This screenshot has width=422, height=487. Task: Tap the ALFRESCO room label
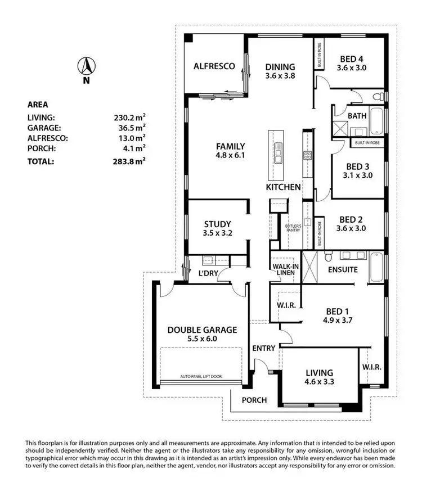point(214,66)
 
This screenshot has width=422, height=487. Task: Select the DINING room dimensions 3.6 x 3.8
point(280,75)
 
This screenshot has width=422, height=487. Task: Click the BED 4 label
point(351,58)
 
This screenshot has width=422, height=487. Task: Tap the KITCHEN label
point(283,187)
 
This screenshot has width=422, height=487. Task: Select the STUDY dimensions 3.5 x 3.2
point(217,233)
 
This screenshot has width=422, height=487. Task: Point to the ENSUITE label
point(343,269)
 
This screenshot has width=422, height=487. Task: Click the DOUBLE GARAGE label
point(202,330)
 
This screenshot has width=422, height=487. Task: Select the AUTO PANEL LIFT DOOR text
point(204,376)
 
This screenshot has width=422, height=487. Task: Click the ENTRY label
point(263,348)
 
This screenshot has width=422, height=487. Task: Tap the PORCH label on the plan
point(254,400)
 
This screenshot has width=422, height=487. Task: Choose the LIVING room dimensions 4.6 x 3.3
point(319,382)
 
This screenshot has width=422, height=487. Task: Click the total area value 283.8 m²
point(130,161)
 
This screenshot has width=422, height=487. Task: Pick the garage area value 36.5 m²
point(130,128)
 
